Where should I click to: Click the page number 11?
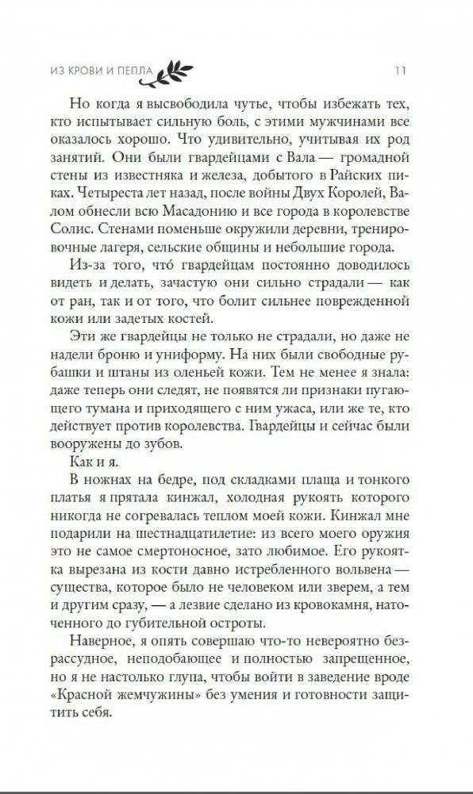(x=400, y=71)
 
